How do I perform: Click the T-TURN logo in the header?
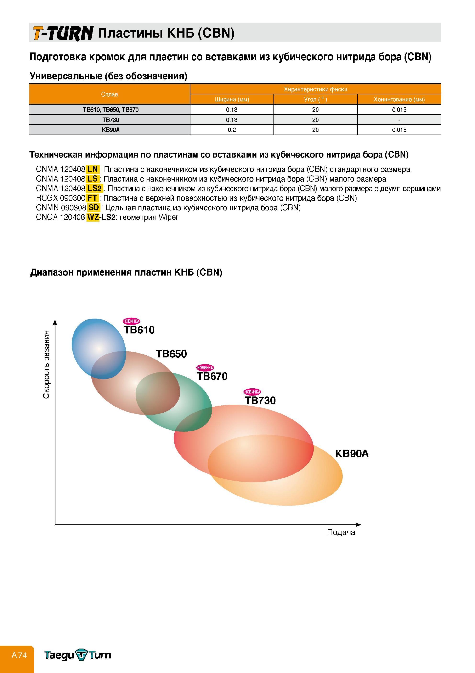click(63, 33)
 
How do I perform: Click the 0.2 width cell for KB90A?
click(232, 130)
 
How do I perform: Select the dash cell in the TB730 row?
click(399, 120)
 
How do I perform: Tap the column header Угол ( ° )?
click(315, 99)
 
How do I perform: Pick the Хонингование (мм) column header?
click(399, 99)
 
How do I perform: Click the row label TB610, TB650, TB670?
click(111, 110)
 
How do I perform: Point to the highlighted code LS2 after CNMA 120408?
click(95, 189)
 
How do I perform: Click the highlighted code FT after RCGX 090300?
click(92, 198)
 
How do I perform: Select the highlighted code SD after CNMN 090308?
click(93, 207)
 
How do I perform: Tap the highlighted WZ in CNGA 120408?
click(93, 217)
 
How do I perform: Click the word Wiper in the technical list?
click(168, 218)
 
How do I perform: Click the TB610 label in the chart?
click(139, 330)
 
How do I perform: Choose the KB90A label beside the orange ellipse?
click(352, 454)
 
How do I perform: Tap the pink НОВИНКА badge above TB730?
click(252, 392)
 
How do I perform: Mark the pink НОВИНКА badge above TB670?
click(205, 368)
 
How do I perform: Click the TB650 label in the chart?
click(171, 354)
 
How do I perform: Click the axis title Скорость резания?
click(46, 364)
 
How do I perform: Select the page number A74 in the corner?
click(19, 655)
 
